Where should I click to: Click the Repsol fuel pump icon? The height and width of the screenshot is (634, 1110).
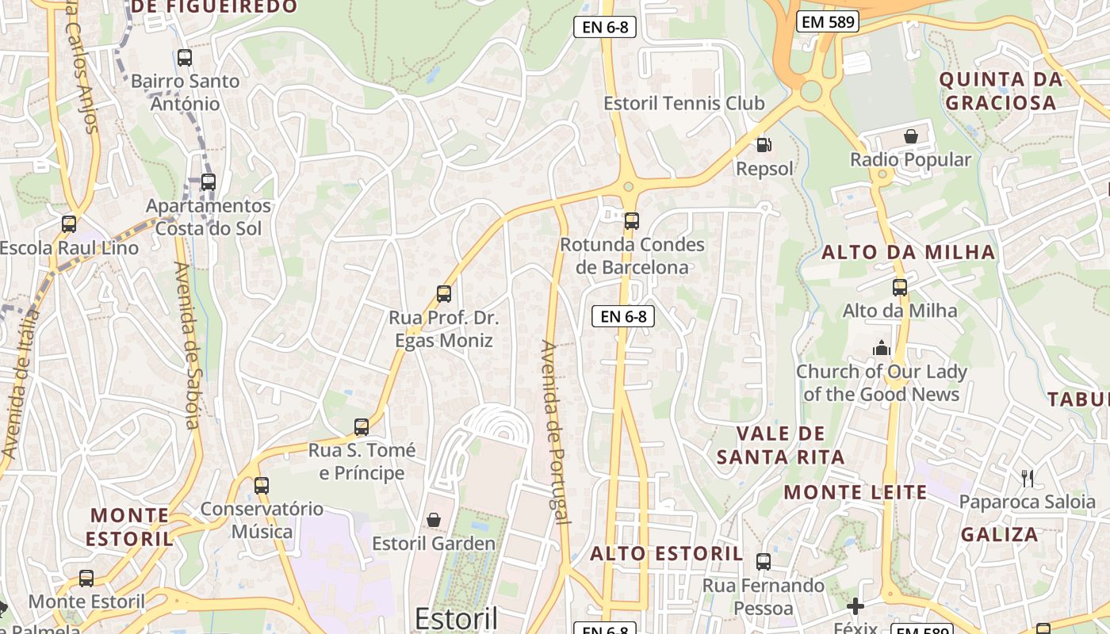(x=764, y=145)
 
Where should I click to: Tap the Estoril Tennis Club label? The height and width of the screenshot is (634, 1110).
(x=683, y=103)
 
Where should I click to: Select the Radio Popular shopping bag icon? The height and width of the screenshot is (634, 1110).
(x=911, y=136)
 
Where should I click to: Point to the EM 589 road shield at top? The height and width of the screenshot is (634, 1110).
(x=828, y=22)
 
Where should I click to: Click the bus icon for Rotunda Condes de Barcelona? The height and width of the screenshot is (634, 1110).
(x=631, y=221)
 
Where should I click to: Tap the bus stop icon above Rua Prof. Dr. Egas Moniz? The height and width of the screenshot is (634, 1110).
(x=444, y=294)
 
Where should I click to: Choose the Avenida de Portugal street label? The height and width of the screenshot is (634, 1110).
(x=555, y=432)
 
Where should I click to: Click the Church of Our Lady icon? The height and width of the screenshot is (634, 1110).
(x=881, y=348)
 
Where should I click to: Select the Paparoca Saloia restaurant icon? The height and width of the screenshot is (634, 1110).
(x=1028, y=478)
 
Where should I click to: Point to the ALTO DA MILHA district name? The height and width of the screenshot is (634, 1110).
(x=908, y=253)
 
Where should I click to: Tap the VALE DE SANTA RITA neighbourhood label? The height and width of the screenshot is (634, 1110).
(x=781, y=445)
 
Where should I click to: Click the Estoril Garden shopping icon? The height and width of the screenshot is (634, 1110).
(x=434, y=520)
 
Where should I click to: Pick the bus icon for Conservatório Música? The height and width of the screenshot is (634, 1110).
(x=261, y=485)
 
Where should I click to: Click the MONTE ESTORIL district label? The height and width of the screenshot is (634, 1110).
(x=130, y=527)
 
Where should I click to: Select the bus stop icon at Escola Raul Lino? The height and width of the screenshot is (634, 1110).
(x=69, y=224)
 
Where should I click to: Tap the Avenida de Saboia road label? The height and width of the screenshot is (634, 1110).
(x=191, y=345)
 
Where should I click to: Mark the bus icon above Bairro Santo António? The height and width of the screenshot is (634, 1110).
(x=185, y=57)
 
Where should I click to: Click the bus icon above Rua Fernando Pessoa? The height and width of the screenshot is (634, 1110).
(x=763, y=562)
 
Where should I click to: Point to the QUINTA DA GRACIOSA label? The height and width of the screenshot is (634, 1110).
(x=1001, y=91)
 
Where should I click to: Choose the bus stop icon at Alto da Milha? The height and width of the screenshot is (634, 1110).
(x=899, y=287)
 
